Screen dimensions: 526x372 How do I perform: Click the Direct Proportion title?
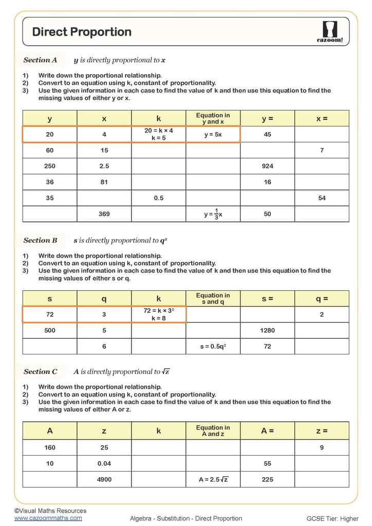(82, 32)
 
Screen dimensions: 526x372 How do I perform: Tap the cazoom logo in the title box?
(329, 32)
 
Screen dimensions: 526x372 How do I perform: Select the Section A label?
(40, 60)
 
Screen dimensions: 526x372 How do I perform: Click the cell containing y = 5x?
(213, 135)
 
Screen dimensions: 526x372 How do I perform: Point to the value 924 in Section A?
(267, 166)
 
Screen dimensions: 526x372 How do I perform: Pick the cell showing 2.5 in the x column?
(104, 166)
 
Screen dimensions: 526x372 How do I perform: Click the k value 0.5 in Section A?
(159, 198)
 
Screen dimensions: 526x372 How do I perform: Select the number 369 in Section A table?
(104, 214)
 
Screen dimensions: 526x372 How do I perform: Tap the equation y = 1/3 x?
(213, 214)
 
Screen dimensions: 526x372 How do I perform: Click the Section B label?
(40, 240)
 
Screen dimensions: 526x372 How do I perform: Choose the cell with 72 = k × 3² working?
(159, 314)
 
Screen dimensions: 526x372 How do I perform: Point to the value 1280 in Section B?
(267, 331)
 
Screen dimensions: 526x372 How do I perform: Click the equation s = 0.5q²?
(213, 347)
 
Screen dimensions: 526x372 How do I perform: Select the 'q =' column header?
(322, 299)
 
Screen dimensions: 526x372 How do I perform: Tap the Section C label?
(40, 372)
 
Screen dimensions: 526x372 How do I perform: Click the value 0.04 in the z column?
(104, 463)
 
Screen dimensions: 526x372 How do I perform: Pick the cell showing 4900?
(104, 479)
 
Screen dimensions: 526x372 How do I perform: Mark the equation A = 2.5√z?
(213, 479)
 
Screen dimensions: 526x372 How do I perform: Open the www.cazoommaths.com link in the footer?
(48, 518)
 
